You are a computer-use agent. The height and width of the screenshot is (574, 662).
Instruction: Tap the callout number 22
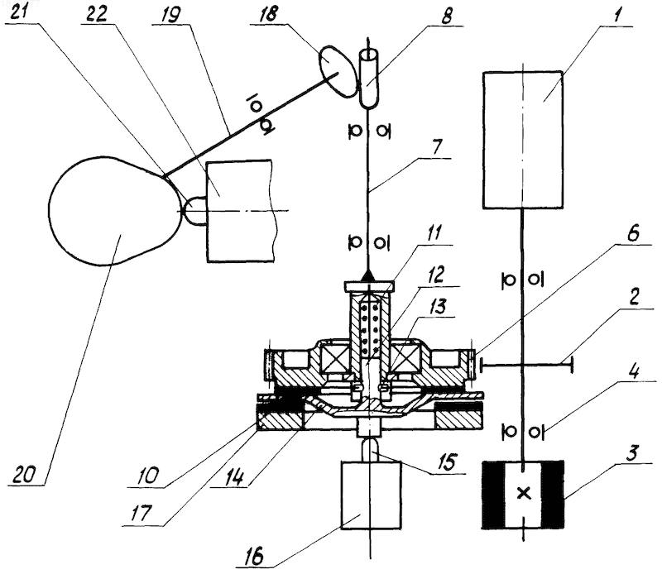[97, 14]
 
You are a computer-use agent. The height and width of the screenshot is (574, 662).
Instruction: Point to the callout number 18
[268, 13]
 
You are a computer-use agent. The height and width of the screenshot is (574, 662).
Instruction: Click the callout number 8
[446, 15]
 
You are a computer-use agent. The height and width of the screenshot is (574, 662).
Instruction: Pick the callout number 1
[617, 15]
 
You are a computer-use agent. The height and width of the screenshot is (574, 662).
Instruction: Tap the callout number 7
[437, 146]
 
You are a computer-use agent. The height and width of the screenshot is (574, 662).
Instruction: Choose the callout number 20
[24, 475]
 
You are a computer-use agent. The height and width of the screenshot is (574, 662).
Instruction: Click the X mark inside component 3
[524, 493]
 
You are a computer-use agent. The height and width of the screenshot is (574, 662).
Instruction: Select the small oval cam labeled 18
[338, 70]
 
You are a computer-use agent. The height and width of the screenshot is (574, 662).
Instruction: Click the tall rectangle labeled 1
[523, 139]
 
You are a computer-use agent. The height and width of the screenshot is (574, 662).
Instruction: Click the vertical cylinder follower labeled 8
[368, 79]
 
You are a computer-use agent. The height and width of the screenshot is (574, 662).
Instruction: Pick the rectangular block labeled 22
[239, 210]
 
